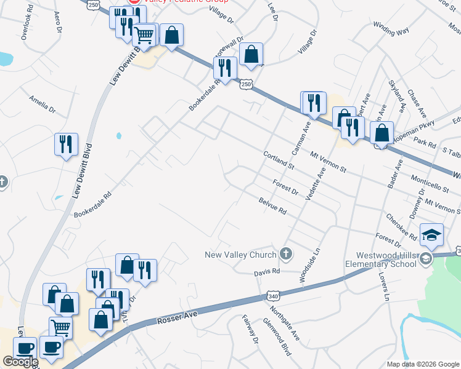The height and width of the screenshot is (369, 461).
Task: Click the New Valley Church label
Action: (x=243, y=255)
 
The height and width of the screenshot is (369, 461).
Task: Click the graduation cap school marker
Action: (x=431, y=234)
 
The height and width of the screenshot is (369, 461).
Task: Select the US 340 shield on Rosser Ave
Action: (x=274, y=295)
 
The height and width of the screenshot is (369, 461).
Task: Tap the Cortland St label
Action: (x=280, y=161)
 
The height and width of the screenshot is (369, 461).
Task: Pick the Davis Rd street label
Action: (x=267, y=271)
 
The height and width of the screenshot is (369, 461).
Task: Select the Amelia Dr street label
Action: (x=43, y=103)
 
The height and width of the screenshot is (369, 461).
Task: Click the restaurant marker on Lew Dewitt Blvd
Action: (x=66, y=145)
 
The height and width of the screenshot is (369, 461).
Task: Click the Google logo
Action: (x=20, y=362)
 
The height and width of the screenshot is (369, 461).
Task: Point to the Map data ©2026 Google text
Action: (x=423, y=364)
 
